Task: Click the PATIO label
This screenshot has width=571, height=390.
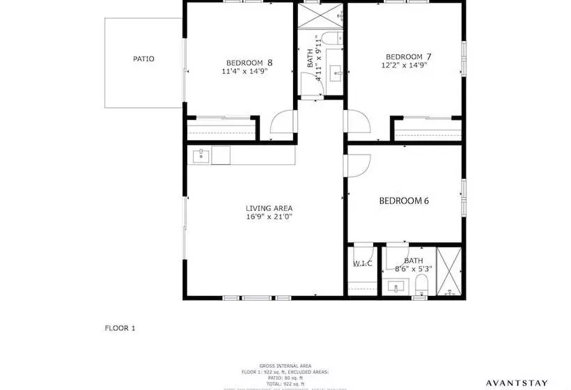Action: pyautogui.click(x=143, y=59)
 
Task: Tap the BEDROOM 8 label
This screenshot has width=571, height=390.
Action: pyautogui.click(x=249, y=62)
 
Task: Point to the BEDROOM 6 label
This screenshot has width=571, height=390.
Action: pyautogui.click(x=404, y=201)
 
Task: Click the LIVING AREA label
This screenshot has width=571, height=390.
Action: pyautogui.click(x=269, y=208)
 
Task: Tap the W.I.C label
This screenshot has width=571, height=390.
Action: pyautogui.click(x=362, y=263)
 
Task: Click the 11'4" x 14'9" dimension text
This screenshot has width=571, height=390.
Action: pyautogui.click(x=246, y=71)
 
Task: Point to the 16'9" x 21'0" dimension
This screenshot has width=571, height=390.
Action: pyautogui.click(x=269, y=217)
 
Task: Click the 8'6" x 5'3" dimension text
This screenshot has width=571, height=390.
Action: pyautogui.click(x=409, y=268)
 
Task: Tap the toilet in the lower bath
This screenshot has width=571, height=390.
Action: pyautogui.click(x=420, y=286)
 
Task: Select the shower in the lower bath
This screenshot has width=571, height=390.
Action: pyautogui.click(x=449, y=272)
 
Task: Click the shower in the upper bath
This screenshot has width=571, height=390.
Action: pyautogui.click(x=321, y=15)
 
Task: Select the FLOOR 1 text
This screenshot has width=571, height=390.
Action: pyautogui.click(x=120, y=328)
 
